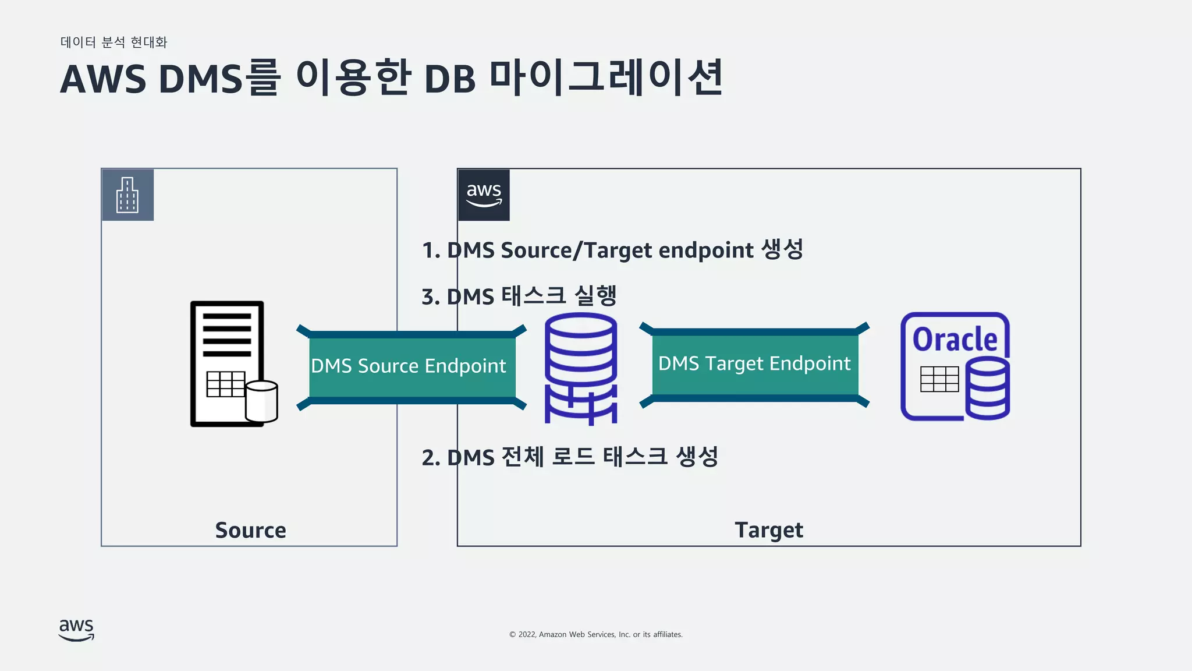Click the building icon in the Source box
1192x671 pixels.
point(127,195)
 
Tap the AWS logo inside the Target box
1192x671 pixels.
point(484,195)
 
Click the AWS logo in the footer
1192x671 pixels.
point(76,630)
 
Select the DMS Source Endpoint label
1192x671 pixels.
point(409,366)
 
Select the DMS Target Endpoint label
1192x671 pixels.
point(754,363)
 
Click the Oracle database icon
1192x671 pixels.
point(955,366)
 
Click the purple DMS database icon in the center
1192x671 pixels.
point(580,368)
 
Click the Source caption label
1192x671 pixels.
point(250,530)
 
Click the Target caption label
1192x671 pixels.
point(768,530)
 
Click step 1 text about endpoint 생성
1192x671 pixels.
point(612,250)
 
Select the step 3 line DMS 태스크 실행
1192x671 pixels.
point(519,296)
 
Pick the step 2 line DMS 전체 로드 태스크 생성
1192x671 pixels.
point(570,457)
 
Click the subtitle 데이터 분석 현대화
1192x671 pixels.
point(114,42)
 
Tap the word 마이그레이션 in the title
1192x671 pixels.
point(605,77)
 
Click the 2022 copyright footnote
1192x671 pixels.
point(595,634)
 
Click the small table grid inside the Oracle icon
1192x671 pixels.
point(939,379)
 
